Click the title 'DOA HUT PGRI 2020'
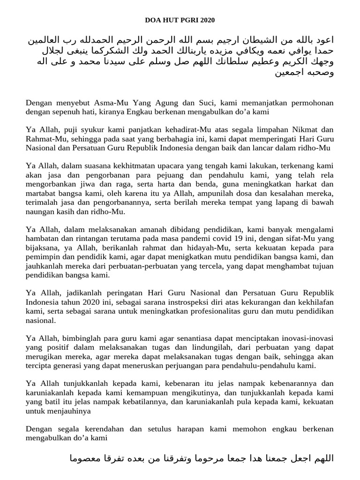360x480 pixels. [x=180, y=20]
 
